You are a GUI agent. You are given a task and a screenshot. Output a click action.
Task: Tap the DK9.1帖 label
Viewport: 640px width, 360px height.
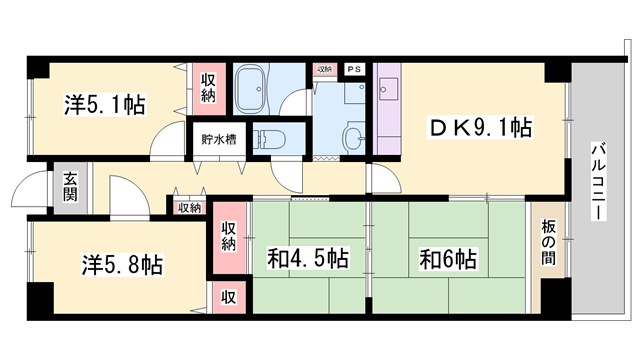point(479,127)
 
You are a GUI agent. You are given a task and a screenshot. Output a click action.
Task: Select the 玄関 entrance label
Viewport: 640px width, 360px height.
point(71,187)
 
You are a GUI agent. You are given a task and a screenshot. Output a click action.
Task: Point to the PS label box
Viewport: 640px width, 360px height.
point(354,69)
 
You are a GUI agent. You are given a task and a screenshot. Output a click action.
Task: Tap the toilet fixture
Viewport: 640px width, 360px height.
point(272,139)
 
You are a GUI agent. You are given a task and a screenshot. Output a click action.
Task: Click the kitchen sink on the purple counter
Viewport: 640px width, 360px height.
point(387,89)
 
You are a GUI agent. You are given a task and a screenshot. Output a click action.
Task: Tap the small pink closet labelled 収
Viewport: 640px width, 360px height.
point(228,296)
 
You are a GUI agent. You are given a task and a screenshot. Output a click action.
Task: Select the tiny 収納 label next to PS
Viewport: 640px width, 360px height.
point(324,69)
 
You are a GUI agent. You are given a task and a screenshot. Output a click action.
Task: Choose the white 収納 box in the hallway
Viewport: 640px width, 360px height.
point(188,207)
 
